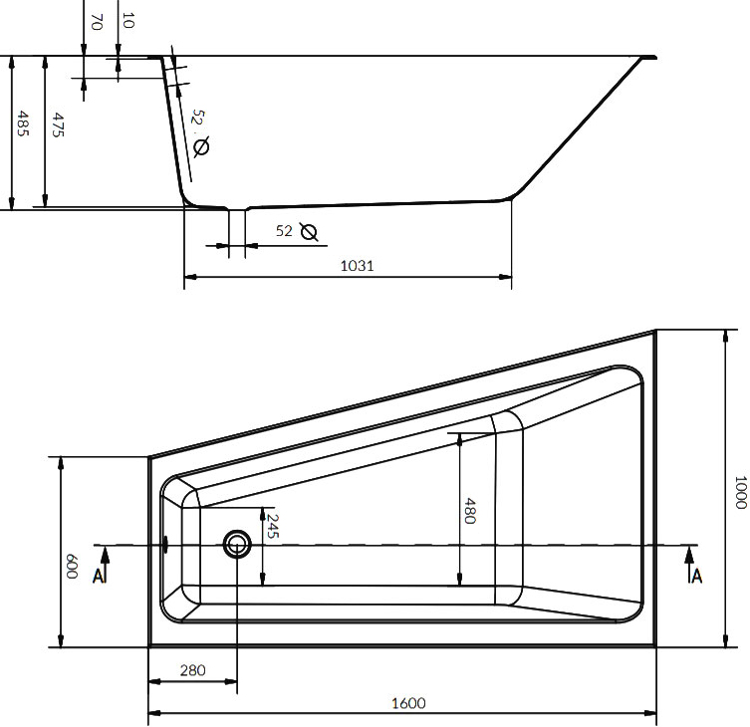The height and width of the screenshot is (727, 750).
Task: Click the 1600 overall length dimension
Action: point(407,703)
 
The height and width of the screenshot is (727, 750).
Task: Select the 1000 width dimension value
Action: point(738,491)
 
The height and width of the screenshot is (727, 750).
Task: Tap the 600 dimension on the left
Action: point(72,569)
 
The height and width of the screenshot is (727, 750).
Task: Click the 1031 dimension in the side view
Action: point(357,265)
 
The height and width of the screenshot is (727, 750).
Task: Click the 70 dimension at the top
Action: point(96,21)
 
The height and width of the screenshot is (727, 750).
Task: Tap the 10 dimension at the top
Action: point(125,20)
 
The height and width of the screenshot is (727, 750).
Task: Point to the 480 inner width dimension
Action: point(470,511)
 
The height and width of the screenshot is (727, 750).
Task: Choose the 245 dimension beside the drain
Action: point(273,526)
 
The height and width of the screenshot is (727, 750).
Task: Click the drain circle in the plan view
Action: point(237,544)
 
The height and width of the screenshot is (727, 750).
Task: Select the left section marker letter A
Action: point(99,576)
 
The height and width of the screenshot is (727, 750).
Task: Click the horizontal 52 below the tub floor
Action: point(284,231)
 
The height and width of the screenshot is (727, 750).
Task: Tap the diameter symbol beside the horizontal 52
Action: point(309,232)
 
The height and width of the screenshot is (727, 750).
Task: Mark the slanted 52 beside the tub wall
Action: point(197,119)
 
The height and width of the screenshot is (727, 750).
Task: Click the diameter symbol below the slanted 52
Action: point(201,147)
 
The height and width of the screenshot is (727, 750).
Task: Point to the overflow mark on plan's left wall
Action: point(165,545)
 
